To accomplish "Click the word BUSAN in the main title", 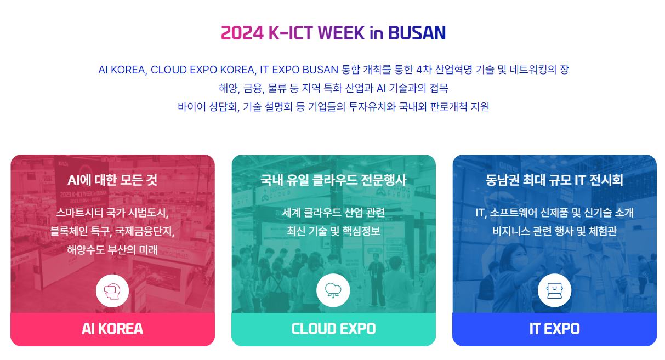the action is [417, 33].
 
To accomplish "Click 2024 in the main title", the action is [242, 33].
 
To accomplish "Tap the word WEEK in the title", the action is [341, 33].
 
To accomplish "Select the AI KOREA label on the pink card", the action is [112, 329].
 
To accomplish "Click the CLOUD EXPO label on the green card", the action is [333, 329].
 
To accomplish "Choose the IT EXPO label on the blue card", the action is [554, 329].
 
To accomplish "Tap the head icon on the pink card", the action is [112, 291].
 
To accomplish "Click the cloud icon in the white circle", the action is [333, 290].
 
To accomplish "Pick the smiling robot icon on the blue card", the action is [554, 290].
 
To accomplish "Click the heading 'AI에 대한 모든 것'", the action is [112, 180].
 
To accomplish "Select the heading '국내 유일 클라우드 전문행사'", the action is [333, 180].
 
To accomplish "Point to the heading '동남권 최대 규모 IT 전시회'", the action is [554, 180].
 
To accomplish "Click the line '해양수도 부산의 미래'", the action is [112, 250].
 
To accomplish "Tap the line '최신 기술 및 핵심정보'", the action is [333, 231].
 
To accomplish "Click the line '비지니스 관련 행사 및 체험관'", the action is [554, 231].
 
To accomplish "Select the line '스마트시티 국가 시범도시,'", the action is [112, 213].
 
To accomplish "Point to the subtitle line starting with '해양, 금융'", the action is [333, 88].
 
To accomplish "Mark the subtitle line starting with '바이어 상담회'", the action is [333, 106].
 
